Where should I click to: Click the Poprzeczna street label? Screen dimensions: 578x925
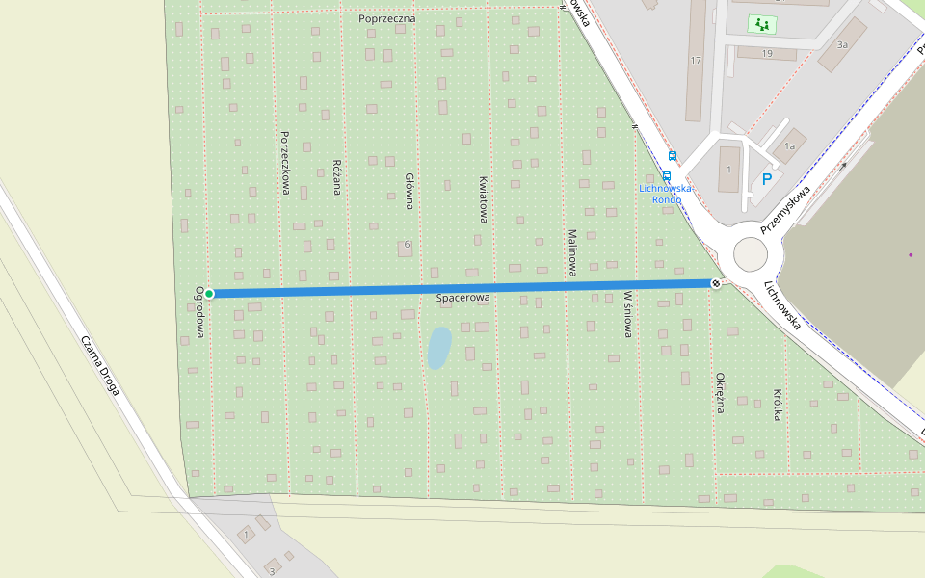pyautogui.click(x=385, y=18)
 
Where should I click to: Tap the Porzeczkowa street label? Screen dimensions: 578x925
pyautogui.click(x=285, y=163)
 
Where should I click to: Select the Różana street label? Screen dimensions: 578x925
pyautogui.click(x=337, y=177)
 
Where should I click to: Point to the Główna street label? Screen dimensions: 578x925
pyautogui.click(x=410, y=191)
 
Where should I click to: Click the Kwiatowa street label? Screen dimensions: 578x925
pyautogui.click(x=484, y=199)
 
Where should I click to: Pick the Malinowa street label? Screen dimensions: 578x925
pyautogui.click(x=572, y=251)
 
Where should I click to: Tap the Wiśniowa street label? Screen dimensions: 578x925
pyautogui.click(x=628, y=314)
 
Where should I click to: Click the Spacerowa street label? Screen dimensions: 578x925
pyautogui.click(x=463, y=299)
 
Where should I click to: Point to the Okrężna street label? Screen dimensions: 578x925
pyautogui.click(x=720, y=392)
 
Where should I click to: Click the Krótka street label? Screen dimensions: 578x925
pyautogui.click(x=778, y=406)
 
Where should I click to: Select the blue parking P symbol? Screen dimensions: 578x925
pyautogui.click(x=767, y=179)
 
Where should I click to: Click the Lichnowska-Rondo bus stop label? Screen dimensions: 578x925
pyautogui.click(x=666, y=194)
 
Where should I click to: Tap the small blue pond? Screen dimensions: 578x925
pyautogui.click(x=438, y=348)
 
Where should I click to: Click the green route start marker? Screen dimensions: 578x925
pyautogui.click(x=209, y=293)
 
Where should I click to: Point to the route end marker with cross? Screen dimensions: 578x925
pyautogui.click(x=715, y=283)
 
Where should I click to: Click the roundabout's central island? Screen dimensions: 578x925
pyautogui.click(x=752, y=255)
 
